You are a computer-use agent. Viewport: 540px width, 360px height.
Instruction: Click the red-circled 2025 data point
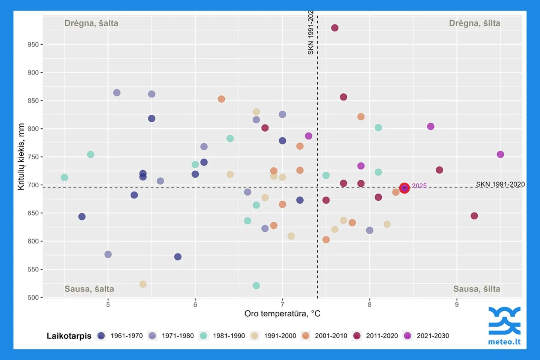point(404,188)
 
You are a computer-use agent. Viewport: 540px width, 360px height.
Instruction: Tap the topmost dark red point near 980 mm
point(334,28)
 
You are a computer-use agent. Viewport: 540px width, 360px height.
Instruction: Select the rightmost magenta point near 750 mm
point(500,154)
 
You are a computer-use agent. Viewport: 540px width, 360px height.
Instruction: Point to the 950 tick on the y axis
point(33,44)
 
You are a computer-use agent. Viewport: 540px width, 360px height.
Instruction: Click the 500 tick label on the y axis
point(33,297)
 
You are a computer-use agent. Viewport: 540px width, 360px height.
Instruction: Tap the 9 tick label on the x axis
point(457,304)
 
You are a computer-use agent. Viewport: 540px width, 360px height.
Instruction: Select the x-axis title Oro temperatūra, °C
point(282,313)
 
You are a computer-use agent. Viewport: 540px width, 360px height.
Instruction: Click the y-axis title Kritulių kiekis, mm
point(21,157)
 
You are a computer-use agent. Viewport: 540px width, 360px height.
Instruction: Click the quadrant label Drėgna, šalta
point(91,23)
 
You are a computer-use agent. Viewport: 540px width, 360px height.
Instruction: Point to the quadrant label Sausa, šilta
point(476,289)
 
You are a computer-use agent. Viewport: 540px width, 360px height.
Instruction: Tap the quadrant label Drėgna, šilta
point(474,23)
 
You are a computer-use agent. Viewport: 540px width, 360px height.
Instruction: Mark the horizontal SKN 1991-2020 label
point(500,184)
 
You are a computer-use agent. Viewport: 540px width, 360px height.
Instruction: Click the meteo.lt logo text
point(504,342)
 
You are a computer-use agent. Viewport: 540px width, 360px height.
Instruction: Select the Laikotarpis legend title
point(69,336)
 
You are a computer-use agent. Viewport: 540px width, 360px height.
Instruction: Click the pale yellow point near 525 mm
point(143,284)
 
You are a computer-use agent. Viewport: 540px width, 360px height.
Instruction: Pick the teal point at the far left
point(64,177)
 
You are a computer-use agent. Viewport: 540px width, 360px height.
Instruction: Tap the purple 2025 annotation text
point(419,186)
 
